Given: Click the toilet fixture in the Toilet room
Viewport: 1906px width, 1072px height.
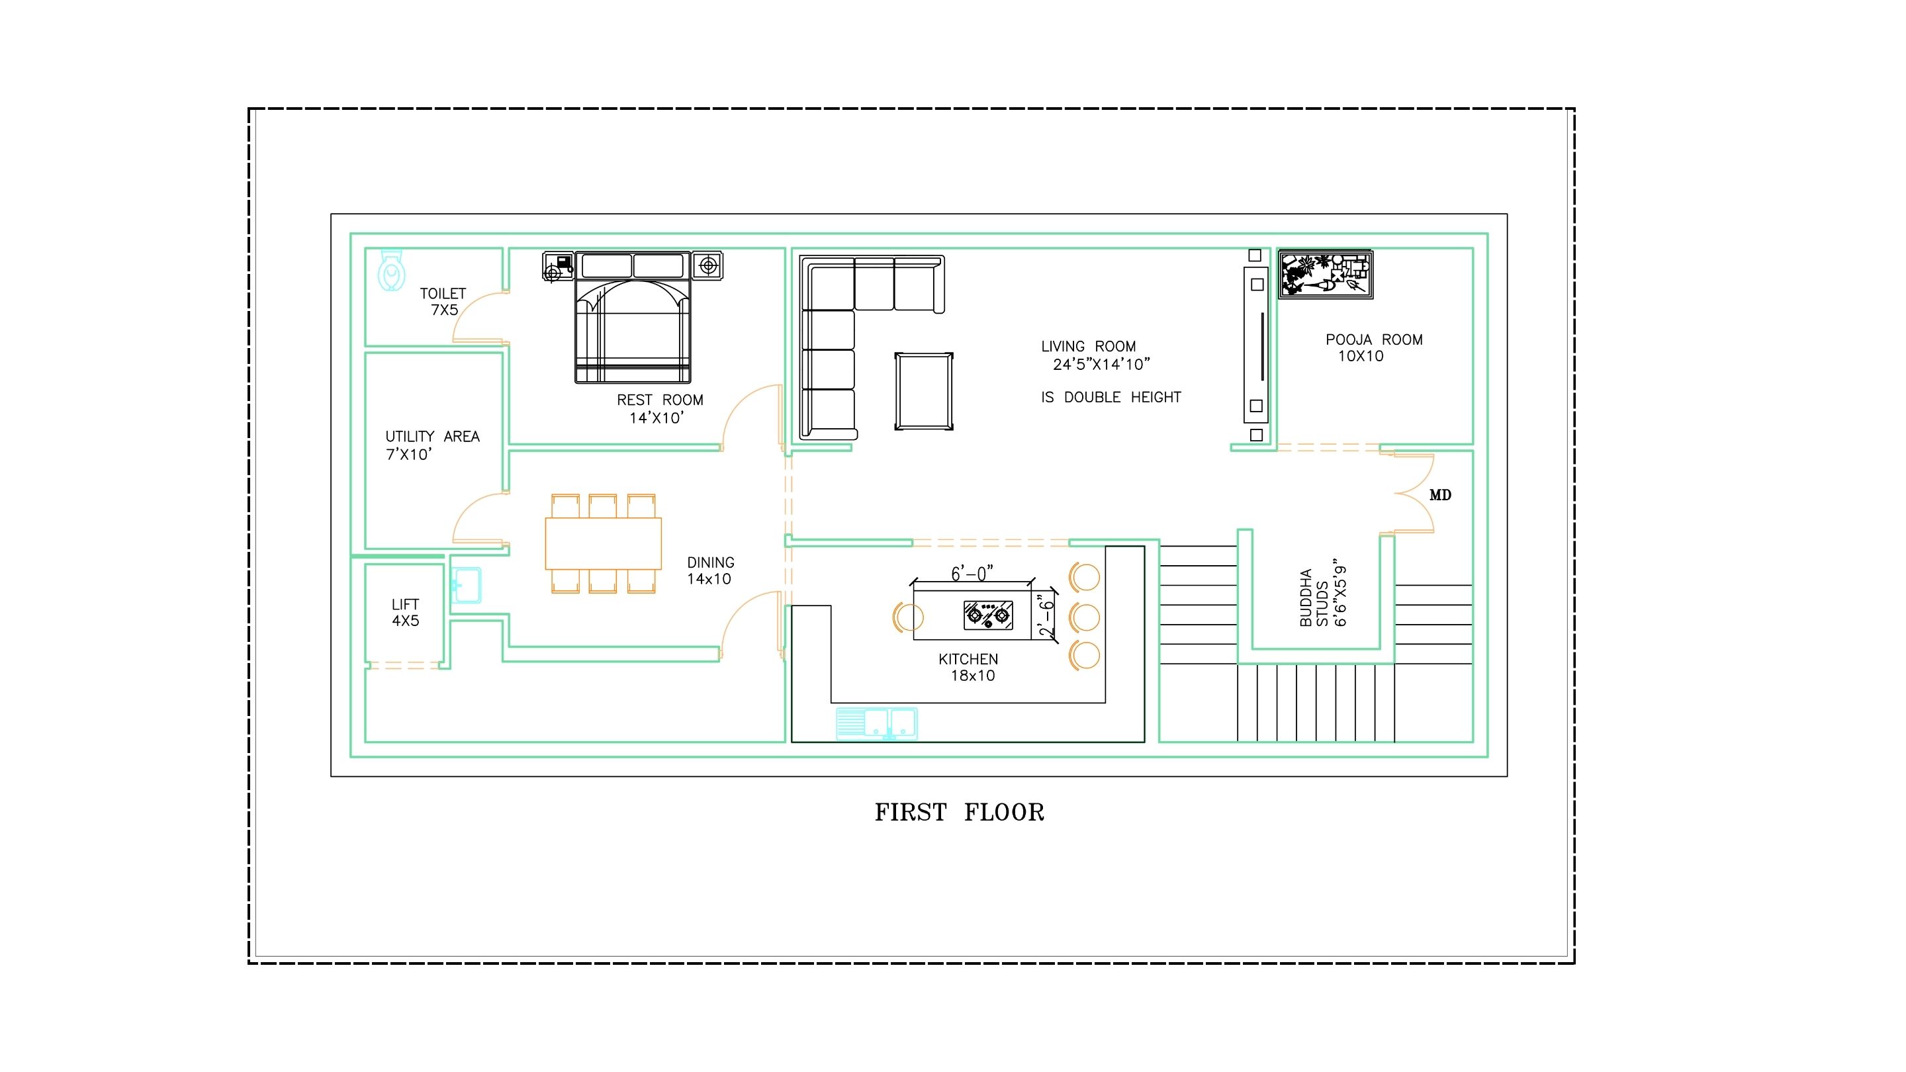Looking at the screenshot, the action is click(391, 270).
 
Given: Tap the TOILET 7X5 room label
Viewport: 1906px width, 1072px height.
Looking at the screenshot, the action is click(443, 302).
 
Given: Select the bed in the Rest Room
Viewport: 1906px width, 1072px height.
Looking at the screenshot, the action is click(633, 318).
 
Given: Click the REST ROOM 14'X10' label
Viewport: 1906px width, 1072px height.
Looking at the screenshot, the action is click(659, 409).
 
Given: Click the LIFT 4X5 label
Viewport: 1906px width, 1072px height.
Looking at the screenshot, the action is click(406, 613).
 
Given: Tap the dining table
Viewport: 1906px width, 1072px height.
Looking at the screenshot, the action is click(603, 544).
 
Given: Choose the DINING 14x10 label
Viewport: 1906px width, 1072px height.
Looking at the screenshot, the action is click(710, 571).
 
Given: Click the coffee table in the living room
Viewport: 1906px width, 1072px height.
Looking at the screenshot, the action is click(923, 391).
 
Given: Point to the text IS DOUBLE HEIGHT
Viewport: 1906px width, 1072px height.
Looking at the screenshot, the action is click(1111, 397).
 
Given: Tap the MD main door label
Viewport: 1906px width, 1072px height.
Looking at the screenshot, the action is click(1440, 495).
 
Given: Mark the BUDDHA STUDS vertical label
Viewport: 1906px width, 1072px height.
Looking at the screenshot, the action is click(1322, 598).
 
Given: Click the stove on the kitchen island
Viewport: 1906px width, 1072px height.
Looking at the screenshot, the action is click(988, 615).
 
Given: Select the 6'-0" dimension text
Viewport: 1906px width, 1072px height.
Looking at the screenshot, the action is click(972, 573).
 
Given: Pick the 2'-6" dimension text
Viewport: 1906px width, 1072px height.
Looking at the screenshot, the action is click(1046, 615).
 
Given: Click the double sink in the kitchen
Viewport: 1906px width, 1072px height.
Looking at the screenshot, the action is click(878, 723).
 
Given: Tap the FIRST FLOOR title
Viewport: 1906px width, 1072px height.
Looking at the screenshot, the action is click(959, 813).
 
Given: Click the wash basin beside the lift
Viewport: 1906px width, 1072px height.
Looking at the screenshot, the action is click(466, 585).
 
